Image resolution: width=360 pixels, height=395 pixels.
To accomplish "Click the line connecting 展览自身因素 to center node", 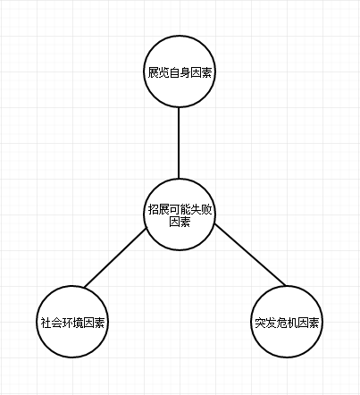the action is pyautogui.click(x=179, y=143).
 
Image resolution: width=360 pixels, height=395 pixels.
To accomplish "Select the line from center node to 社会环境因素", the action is pyautogui.click(x=115, y=258).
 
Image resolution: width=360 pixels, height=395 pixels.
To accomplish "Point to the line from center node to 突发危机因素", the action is pyautogui.click(x=250, y=255).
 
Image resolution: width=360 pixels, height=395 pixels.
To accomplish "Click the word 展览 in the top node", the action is pyautogui.click(x=158, y=72).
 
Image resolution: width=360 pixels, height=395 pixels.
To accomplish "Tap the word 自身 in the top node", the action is pyautogui.click(x=180, y=72).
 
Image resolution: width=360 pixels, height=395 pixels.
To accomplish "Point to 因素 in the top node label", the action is pyautogui.click(x=201, y=72).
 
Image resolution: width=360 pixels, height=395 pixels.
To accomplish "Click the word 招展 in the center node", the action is pyautogui.click(x=158, y=210).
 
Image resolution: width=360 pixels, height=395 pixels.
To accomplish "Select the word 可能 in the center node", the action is pyautogui.click(x=180, y=210).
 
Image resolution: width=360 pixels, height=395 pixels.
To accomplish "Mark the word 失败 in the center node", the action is pyautogui.click(x=201, y=210).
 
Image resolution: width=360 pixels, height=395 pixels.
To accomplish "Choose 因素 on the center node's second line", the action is pyautogui.click(x=180, y=222).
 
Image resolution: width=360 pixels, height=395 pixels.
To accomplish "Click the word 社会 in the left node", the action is pyautogui.click(x=51, y=323).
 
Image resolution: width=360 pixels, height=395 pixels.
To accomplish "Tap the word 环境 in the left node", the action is pyautogui.click(x=72, y=323).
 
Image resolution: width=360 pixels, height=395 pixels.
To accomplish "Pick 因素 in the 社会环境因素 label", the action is pyautogui.click(x=94, y=323).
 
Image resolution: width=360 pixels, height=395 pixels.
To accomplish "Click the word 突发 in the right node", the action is pyautogui.click(x=265, y=323).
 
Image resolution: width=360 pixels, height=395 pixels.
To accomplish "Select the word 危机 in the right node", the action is pyautogui.click(x=287, y=323).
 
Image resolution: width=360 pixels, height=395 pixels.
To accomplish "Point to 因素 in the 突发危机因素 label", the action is pyautogui.click(x=308, y=323).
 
